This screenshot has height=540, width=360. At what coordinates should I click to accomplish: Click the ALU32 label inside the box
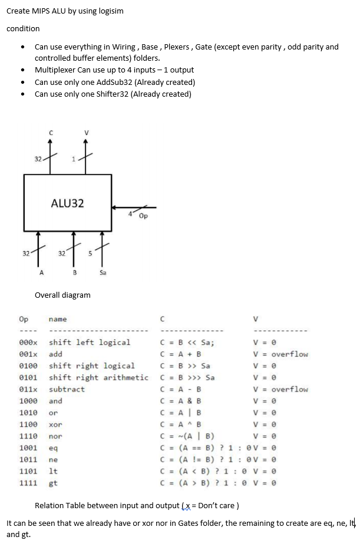[67, 203]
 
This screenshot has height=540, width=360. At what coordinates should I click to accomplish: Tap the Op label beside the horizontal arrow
[143, 216]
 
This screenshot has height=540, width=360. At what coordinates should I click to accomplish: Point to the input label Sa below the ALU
[103, 273]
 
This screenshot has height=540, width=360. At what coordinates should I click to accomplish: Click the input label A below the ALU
[41, 273]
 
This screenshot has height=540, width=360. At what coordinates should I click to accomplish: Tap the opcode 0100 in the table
[28, 366]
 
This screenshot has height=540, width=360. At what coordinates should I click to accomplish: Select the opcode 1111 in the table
[28, 483]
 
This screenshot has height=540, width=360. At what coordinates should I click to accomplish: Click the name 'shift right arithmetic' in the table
[98, 378]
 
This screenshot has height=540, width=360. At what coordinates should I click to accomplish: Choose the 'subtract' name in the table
[67, 390]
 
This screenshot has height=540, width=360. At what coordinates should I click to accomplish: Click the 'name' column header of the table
[58, 320]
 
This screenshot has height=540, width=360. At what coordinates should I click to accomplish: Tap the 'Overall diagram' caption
[62, 295]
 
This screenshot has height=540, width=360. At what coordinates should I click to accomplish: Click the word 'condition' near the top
[23, 28]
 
